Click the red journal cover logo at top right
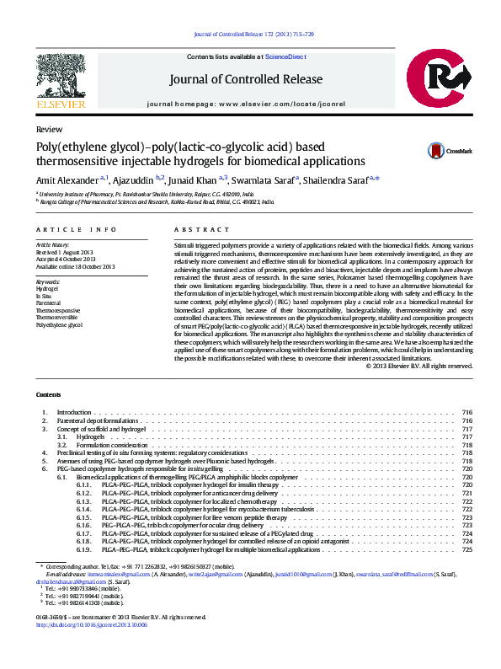click(444, 81)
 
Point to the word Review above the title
click(49, 130)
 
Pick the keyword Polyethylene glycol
click(59, 324)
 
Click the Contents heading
click(48, 395)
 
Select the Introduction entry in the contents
click(73, 412)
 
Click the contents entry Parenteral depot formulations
click(97, 420)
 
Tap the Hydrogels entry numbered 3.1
click(90, 437)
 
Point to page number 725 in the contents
click(467, 549)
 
